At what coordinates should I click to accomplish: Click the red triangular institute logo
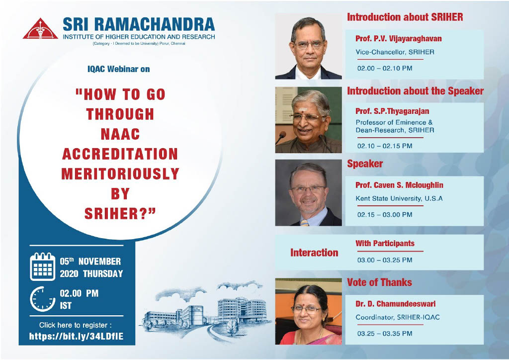(40, 29)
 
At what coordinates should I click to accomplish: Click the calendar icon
(43, 267)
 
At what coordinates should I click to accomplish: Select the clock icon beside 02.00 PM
(43, 299)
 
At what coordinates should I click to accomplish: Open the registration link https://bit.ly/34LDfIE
(76, 336)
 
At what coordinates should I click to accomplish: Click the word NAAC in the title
(120, 134)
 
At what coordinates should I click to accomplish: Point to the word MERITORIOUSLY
(120, 174)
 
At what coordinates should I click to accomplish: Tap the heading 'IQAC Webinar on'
(118, 69)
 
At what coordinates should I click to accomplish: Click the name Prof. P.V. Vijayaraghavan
(398, 39)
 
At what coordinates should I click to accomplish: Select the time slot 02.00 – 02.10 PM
(385, 68)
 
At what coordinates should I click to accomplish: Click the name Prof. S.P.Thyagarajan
(392, 111)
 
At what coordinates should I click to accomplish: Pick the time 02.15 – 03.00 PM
(385, 215)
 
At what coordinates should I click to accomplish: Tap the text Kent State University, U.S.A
(399, 198)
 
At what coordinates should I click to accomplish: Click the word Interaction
(314, 253)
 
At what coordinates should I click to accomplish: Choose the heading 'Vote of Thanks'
(379, 282)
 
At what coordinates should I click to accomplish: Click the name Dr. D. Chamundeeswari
(395, 304)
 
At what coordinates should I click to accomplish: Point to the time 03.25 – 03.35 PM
(385, 333)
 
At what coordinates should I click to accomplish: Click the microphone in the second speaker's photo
(280, 137)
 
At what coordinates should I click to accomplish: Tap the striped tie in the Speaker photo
(304, 223)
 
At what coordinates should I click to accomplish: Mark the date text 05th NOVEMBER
(90, 262)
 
